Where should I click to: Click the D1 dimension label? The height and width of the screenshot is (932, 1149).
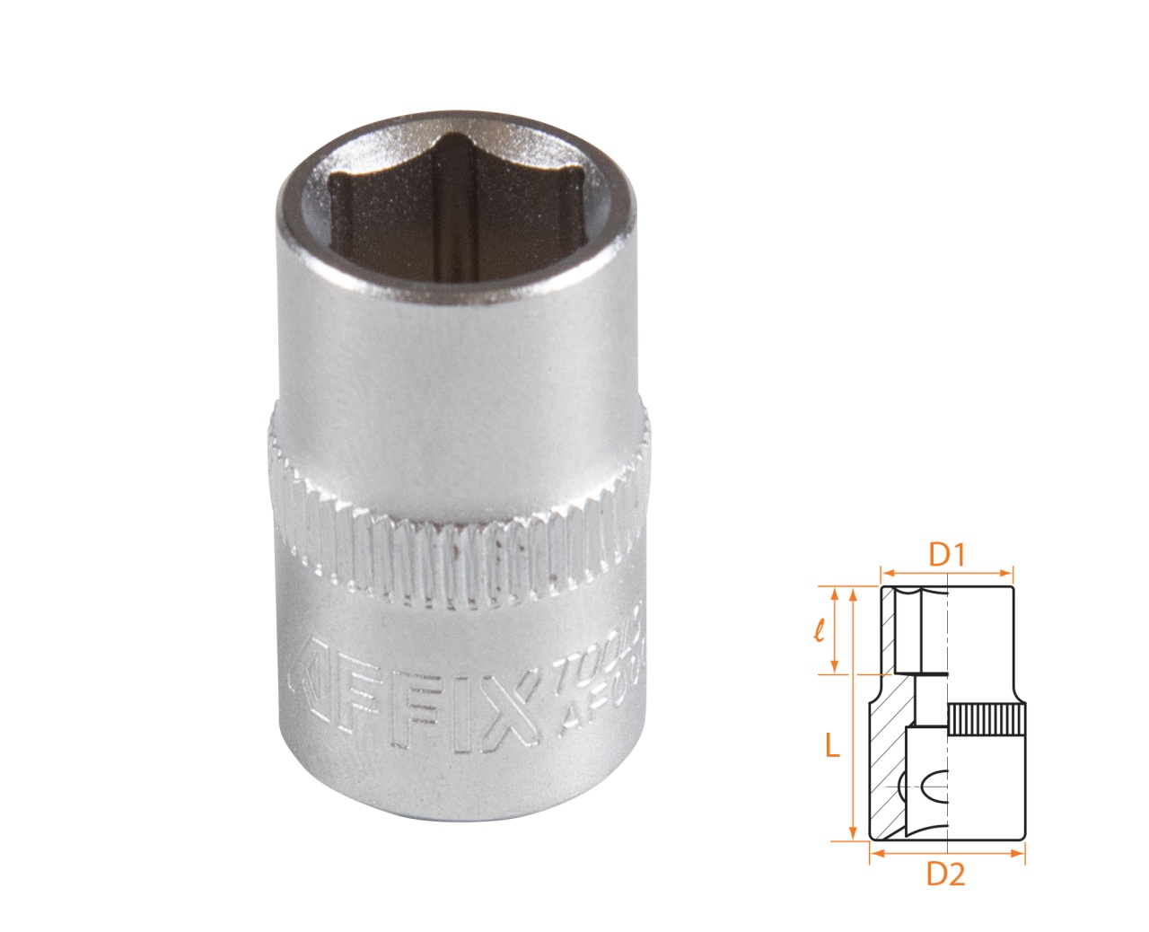click(946, 555)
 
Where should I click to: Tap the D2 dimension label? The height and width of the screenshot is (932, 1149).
click(946, 874)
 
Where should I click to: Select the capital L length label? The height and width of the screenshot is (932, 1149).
click(832, 744)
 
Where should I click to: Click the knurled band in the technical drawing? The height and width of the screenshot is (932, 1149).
click(987, 719)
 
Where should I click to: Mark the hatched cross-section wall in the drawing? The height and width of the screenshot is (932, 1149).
click(887, 754)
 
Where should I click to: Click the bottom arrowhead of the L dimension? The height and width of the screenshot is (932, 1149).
click(852, 835)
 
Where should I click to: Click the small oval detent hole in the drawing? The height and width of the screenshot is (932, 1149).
click(934, 787)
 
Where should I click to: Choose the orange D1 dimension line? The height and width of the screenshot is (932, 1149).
click(946, 571)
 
